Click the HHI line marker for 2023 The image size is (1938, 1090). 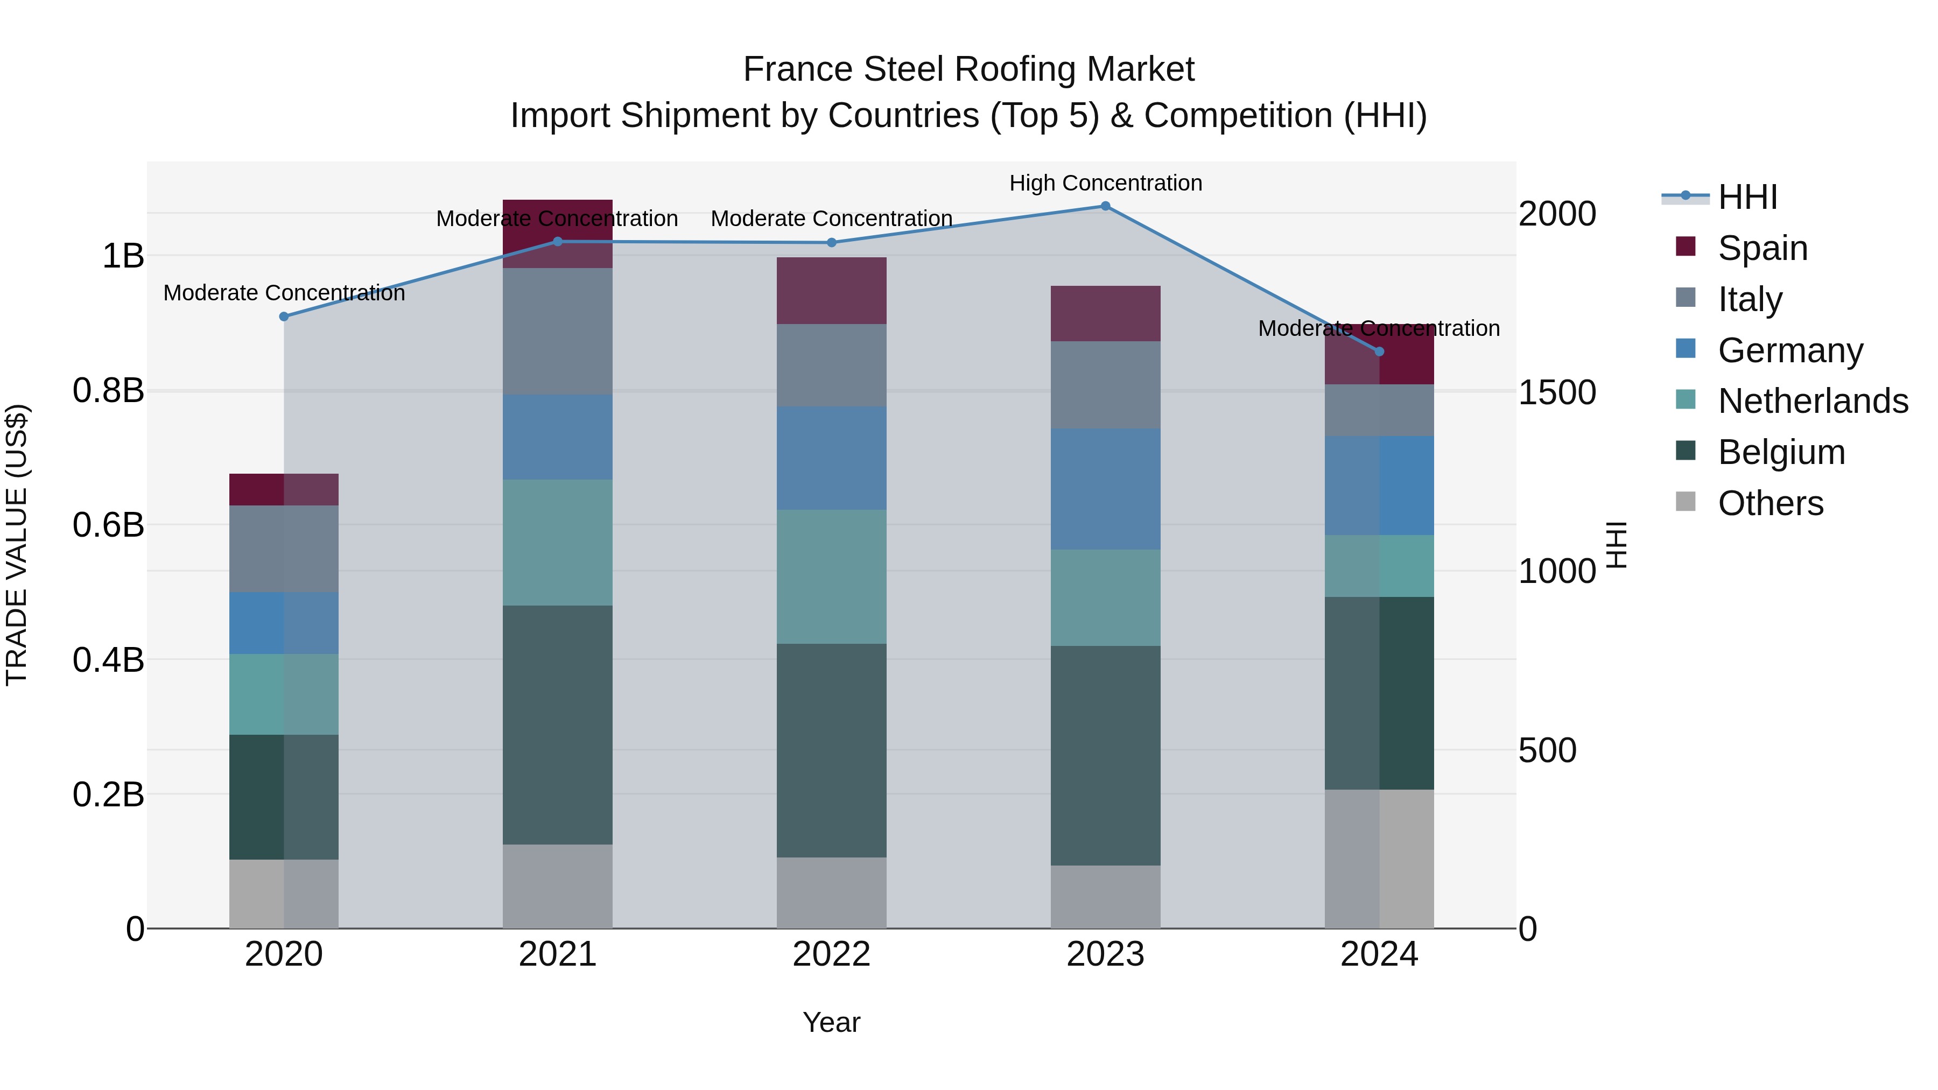tap(1105, 206)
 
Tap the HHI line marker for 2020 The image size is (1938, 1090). tap(284, 317)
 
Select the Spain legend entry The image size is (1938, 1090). tap(1762, 248)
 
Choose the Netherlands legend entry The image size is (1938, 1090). tap(1813, 401)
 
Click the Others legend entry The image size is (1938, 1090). tap(1770, 503)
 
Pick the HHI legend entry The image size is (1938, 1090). tap(1747, 197)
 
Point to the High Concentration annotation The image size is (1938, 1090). tap(1105, 183)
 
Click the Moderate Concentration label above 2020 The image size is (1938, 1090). tap(284, 293)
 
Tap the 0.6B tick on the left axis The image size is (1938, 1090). tap(108, 525)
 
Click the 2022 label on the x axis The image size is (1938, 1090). tap(831, 954)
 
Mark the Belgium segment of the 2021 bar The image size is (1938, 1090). tap(558, 725)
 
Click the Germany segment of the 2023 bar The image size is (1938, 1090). tap(1105, 489)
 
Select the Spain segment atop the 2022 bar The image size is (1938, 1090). tap(831, 290)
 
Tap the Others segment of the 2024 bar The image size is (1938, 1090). tap(1379, 859)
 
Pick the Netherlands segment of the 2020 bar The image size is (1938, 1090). tap(284, 694)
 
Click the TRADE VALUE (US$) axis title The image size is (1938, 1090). tap(17, 545)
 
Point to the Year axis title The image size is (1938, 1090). tap(831, 1022)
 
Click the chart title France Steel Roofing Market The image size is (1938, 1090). tap(968, 69)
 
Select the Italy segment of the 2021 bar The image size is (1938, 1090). tap(558, 331)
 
